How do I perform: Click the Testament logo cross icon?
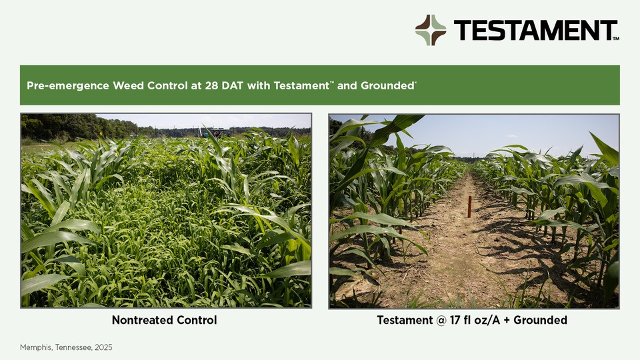[x=431, y=30]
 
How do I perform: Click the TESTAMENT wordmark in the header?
[x=535, y=30]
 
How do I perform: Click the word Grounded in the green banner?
[x=388, y=86]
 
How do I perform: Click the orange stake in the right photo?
[x=469, y=207]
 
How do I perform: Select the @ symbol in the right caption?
[x=441, y=321]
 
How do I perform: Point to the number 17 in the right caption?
[x=455, y=320]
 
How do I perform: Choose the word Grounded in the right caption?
[x=541, y=320]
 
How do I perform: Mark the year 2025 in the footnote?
[x=104, y=347]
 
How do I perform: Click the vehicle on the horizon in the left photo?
[x=215, y=132]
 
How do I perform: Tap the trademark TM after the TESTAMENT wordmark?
[x=616, y=39]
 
